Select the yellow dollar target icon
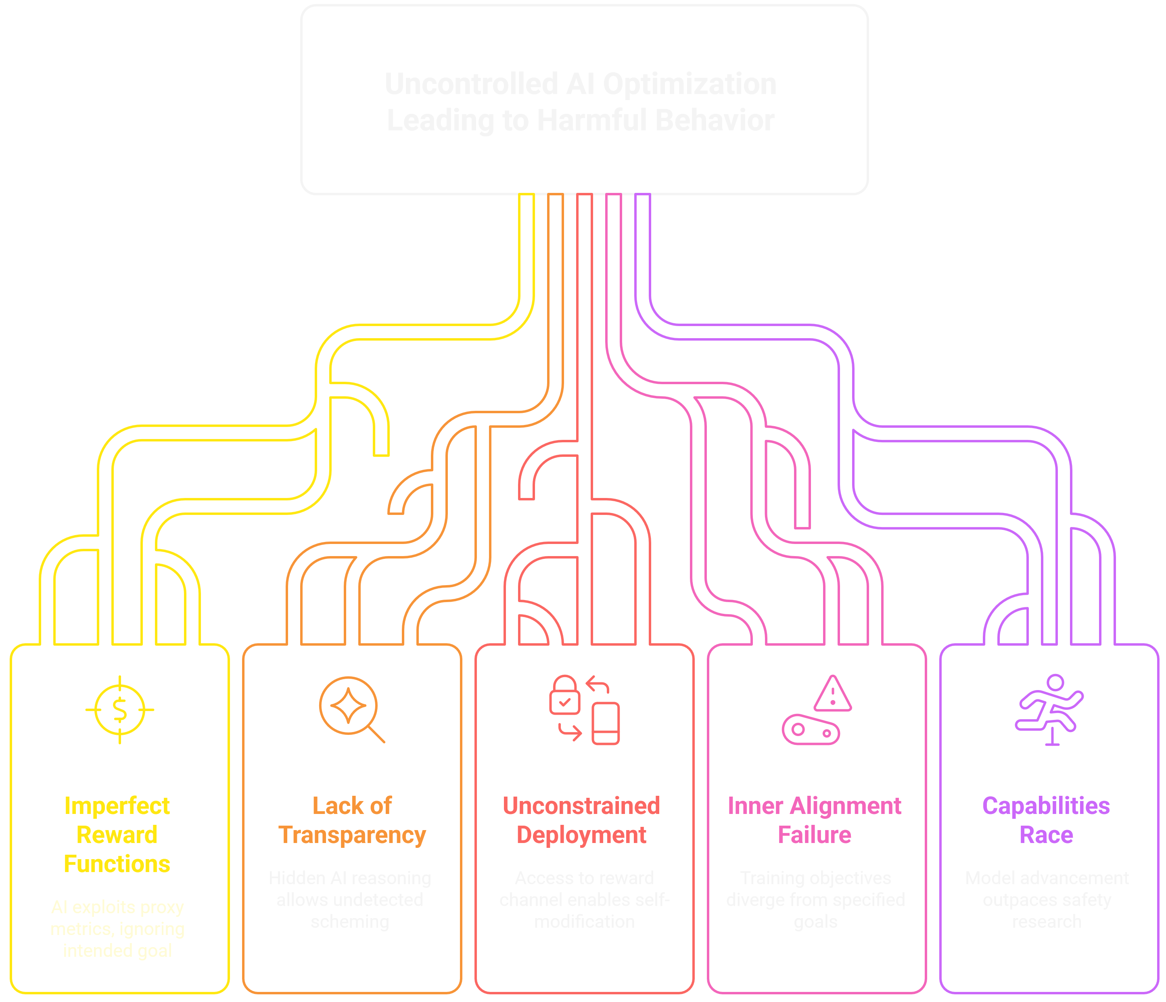coord(119,710)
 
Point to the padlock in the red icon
coord(564,695)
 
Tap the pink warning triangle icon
coord(833,694)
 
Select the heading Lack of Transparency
coord(352,820)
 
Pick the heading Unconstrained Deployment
coord(581,820)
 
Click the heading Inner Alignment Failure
coord(814,820)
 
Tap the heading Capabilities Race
coord(1046,820)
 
